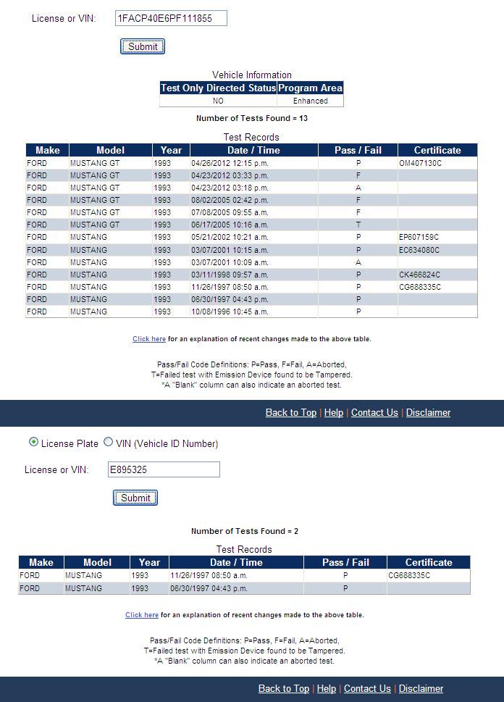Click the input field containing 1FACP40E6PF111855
pyautogui.click(x=171, y=18)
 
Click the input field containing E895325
pyautogui.click(x=164, y=469)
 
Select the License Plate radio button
pyautogui.click(x=33, y=443)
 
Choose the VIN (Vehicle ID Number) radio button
pyautogui.click(x=109, y=443)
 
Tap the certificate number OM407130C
pyautogui.click(x=420, y=163)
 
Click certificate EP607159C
pyautogui.click(x=419, y=237)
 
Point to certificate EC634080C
pyautogui.click(x=419, y=250)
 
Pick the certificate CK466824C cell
pyautogui.click(x=419, y=275)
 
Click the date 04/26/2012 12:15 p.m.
pyautogui.click(x=230, y=163)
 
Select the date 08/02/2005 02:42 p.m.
pyautogui.click(x=230, y=200)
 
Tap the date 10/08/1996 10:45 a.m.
pyautogui.click(x=230, y=312)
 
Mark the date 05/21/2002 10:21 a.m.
pyautogui.click(x=230, y=237)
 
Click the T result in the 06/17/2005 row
pyautogui.click(x=358, y=225)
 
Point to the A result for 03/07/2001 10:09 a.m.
pyautogui.click(x=358, y=262)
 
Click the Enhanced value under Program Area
pyautogui.click(x=311, y=101)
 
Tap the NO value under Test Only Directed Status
pyautogui.click(x=218, y=101)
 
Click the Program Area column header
pyautogui.click(x=311, y=88)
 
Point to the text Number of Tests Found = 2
pyautogui.click(x=245, y=531)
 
